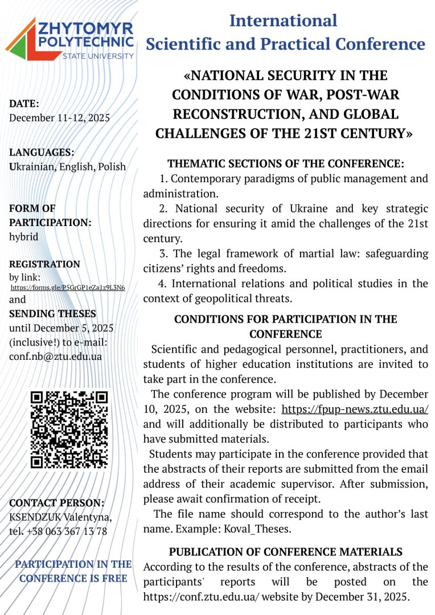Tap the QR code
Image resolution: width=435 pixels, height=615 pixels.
[x=69, y=429]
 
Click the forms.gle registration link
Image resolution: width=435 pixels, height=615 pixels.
[x=68, y=287]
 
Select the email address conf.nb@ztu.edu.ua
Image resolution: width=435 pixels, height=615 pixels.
[x=55, y=356]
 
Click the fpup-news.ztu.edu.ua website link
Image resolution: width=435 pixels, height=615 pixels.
[x=355, y=409]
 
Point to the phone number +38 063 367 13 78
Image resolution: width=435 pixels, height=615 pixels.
[x=67, y=531]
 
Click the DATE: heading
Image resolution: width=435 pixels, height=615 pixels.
[x=24, y=104]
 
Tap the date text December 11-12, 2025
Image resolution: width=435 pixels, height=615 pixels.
[x=59, y=118]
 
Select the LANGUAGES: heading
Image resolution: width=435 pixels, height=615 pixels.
[x=42, y=153]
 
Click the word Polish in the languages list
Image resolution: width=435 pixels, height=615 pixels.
[x=112, y=167]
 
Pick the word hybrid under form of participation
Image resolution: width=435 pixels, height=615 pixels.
[x=24, y=237]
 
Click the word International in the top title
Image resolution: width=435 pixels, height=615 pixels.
[x=283, y=21]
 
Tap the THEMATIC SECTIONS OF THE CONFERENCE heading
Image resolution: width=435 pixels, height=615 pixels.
[x=285, y=163]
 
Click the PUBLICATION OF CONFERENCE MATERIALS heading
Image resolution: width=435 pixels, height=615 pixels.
[x=285, y=552]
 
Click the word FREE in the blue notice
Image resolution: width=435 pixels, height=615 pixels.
[x=112, y=579]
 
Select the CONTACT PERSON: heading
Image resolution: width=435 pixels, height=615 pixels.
[x=56, y=503]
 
